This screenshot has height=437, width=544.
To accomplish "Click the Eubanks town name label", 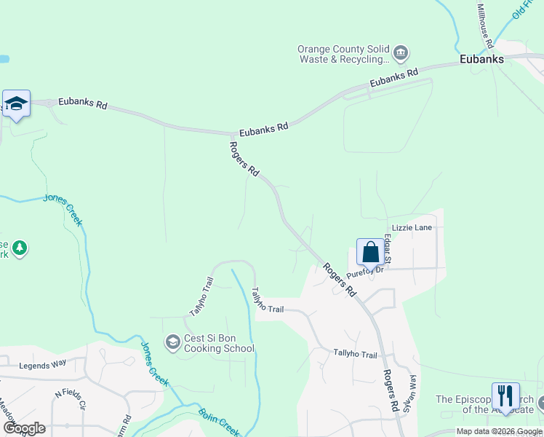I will tap(481, 60).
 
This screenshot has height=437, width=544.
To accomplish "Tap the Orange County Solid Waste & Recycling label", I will tap(344, 55).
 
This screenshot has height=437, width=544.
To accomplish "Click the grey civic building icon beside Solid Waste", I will tap(400, 53).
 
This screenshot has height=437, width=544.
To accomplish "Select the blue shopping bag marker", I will tap(370, 253).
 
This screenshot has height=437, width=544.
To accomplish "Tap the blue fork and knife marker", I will tap(505, 396).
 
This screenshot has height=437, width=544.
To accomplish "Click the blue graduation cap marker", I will tap(15, 103).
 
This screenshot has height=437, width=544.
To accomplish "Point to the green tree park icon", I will tap(20, 248).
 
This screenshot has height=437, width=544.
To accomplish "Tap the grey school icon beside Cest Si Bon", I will tap(173, 342).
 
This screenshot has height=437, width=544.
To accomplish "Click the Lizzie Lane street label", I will tap(412, 228).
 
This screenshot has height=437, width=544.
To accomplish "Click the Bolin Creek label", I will tap(218, 423).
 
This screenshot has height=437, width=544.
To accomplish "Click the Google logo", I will tap(24, 428).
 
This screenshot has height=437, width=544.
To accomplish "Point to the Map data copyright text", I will tap(499, 431).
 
